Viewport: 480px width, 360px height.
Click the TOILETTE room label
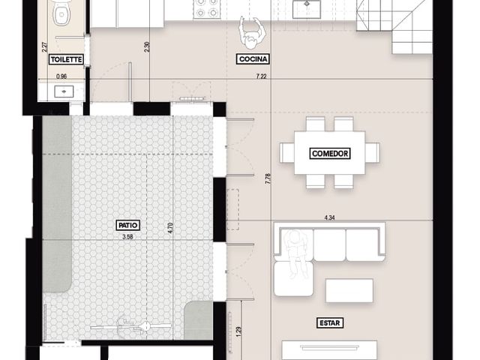coord(66,59)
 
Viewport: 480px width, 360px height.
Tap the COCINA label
coord(253,58)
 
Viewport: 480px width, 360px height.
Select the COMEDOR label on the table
coord(330,153)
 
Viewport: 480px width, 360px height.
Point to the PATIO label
coord(128,225)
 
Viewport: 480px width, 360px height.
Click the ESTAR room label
coord(330,322)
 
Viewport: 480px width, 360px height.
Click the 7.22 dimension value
coord(261,76)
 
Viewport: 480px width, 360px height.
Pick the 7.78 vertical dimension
coord(268,178)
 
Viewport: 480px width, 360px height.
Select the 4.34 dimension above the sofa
coord(329,218)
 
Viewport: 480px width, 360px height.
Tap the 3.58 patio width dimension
coord(127,237)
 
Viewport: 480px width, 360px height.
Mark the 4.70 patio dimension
coord(170,228)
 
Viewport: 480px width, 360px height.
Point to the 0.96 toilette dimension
coord(61,76)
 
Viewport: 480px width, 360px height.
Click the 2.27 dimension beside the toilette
coord(45,46)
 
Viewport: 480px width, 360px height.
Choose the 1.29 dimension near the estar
coord(239,332)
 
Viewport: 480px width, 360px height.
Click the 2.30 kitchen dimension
coord(147,46)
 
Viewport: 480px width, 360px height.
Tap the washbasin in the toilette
coord(64,91)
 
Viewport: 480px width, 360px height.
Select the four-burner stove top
coord(205,8)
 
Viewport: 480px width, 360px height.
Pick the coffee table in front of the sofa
coord(349,290)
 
